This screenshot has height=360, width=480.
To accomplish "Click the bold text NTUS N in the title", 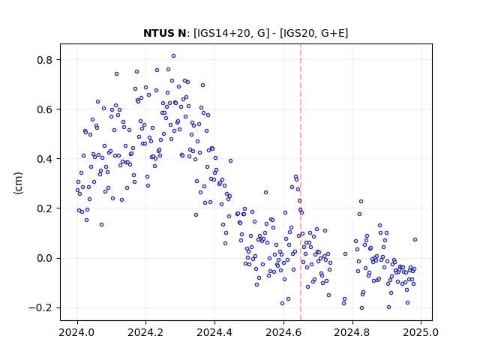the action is pyautogui.click(x=165, y=33).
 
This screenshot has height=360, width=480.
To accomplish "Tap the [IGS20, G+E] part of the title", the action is pyautogui.click(x=314, y=33).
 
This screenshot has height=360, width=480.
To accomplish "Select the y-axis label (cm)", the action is pyautogui.click(x=18, y=183).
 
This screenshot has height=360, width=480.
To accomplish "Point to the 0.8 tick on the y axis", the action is pyautogui.click(x=44, y=60).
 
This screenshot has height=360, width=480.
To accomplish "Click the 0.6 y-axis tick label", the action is pyautogui.click(x=44, y=109).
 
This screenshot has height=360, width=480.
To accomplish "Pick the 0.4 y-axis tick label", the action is pyautogui.click(x=44, y=159).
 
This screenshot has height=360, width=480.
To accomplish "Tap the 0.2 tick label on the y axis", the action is pyautogui.click(x=44, y=208).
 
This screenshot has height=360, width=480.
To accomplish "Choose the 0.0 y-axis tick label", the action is pyautogui.click(x=44, y=258).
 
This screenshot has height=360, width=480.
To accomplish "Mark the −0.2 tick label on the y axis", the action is pyautogui.click(x=40, y=307).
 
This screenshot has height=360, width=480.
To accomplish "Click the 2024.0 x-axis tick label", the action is pyautogui.click(x=77, y=332).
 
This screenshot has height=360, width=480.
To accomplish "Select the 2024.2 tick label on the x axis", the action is pyautogui.click(x=146, y=332).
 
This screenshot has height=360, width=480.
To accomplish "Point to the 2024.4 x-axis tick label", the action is pyautogui.click(x=215, y=332).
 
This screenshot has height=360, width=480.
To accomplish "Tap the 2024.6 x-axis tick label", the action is pyautogui.click(x=283, y=332).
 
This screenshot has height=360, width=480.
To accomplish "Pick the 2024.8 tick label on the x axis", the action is pyautogui.click(x=352, y=332).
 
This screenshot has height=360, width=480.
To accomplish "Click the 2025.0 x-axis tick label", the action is pyautogui.click(x=421, y=332).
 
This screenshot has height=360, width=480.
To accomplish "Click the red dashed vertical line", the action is pyautogui.click(x=301, y=182).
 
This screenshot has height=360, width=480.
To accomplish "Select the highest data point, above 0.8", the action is pyautogui.click(x=173, y=56).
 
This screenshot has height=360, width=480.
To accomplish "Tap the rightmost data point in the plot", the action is pyautogui.click(x=415, y=240).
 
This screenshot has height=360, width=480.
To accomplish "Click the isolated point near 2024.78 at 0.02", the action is pyautogui.click(x=345, y=253).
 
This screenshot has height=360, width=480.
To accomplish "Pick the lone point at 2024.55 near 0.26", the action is pyautogui.click(x=265, y=192).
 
